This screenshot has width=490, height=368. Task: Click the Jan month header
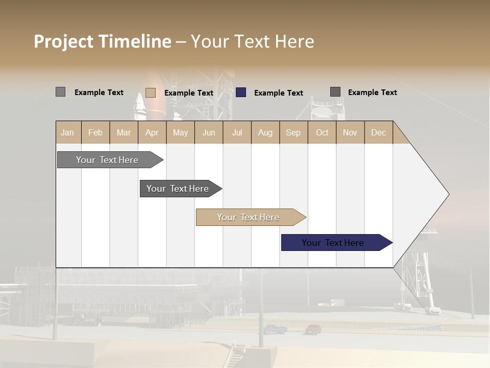point(67,132)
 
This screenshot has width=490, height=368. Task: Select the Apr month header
point(152,132)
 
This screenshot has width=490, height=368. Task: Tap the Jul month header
point(237,132)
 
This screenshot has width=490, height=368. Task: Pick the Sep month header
point(293,132)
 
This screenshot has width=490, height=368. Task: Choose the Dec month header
point(378,132)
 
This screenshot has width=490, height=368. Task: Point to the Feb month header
point(95,132)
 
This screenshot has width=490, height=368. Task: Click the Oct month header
point(322,132)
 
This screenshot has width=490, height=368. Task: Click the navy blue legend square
point(241,93)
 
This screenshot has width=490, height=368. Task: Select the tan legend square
point(151,93)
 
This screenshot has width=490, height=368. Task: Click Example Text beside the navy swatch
point(279,93)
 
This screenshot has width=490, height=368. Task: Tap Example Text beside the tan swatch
point(189,93)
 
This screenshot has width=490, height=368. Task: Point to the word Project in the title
point(63,41)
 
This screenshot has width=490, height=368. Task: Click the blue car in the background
point(275,329)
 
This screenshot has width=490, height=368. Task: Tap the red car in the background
point(313,329)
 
